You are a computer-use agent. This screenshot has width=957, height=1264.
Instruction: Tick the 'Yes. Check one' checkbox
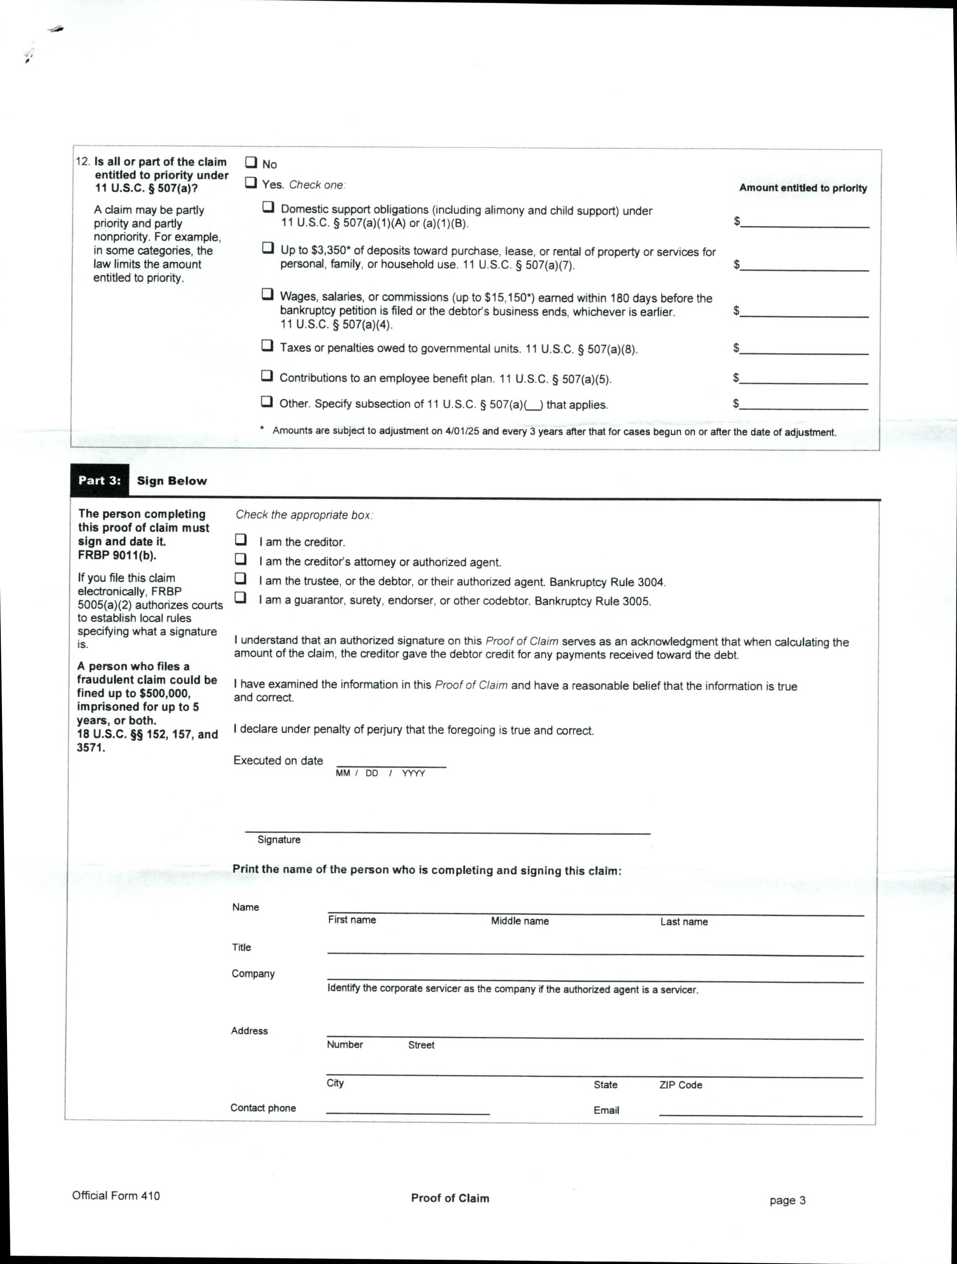pos(250,183)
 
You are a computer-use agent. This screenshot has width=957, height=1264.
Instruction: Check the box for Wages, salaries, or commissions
pos(267,294)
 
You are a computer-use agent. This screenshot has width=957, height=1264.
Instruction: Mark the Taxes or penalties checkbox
pos(267,345)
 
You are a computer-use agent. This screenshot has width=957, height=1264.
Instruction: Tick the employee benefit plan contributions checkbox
pos(267,376)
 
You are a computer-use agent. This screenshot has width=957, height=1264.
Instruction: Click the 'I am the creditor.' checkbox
pos(241,539)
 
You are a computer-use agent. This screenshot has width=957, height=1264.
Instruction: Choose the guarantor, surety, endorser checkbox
pos(241,598)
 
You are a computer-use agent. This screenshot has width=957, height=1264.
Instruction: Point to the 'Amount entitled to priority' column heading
pos(803,188)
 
